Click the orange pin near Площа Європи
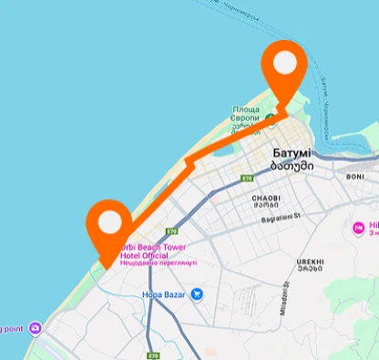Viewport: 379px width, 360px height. tap(285, 66)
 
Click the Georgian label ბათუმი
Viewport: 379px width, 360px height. tap(292, 167)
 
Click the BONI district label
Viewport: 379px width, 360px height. tap(355, 177)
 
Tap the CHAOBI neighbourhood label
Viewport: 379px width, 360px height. tap(268, 195)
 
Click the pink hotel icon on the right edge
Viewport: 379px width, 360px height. tap(358, 225)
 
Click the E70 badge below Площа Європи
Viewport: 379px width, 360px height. tap(246, 179)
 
